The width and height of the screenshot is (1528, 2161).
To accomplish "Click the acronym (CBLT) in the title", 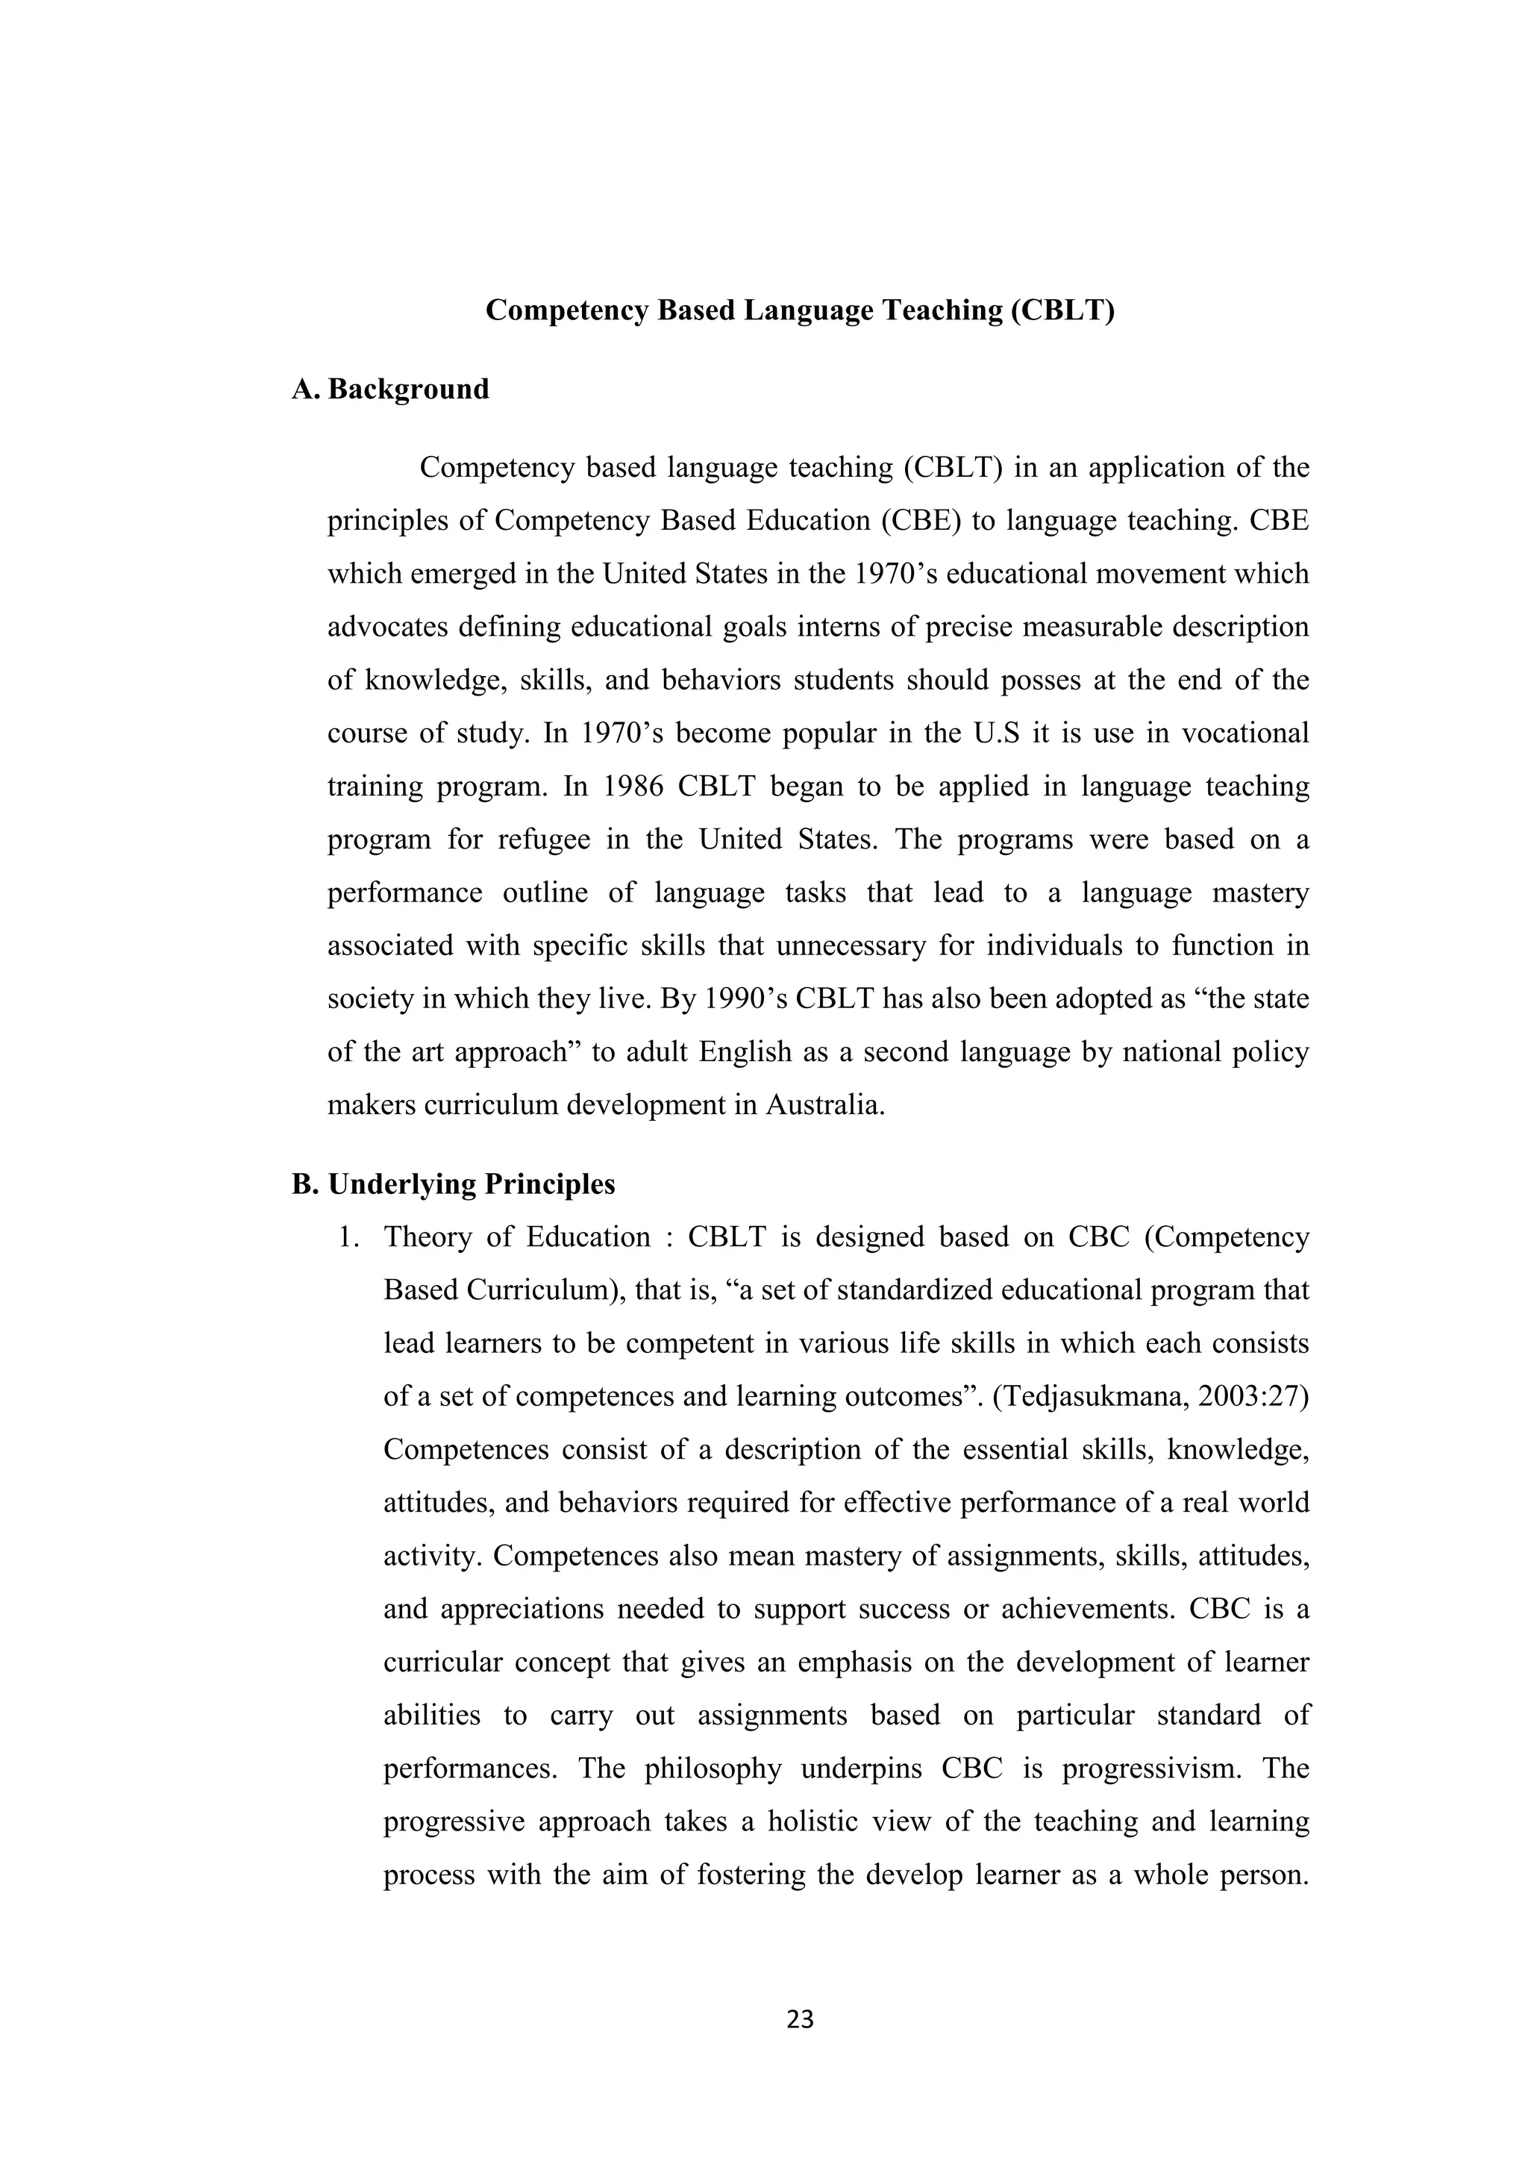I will pos(1062,310).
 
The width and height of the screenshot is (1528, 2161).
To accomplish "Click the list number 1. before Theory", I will pos(349,1236).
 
